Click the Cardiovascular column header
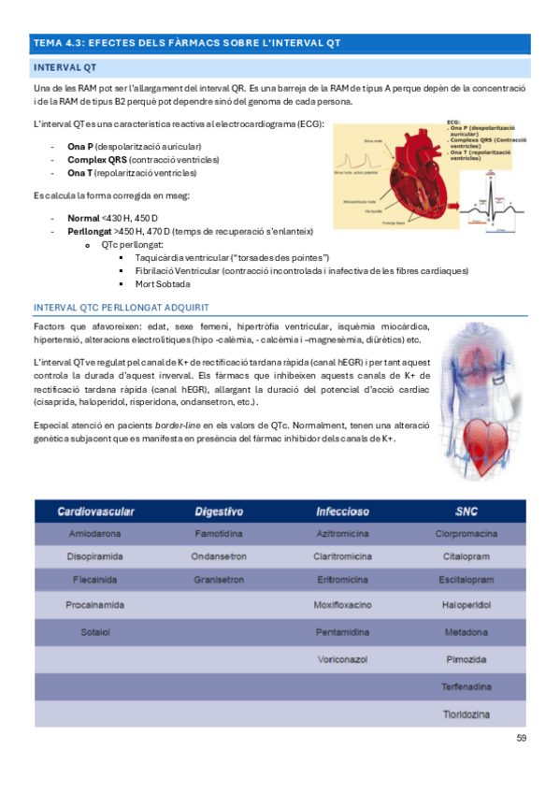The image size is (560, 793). [96, 512]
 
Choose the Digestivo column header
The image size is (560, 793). [220, 512]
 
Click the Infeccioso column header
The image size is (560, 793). [343, 512]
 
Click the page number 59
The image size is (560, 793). [522, 739]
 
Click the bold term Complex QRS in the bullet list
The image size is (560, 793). [91, 160]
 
